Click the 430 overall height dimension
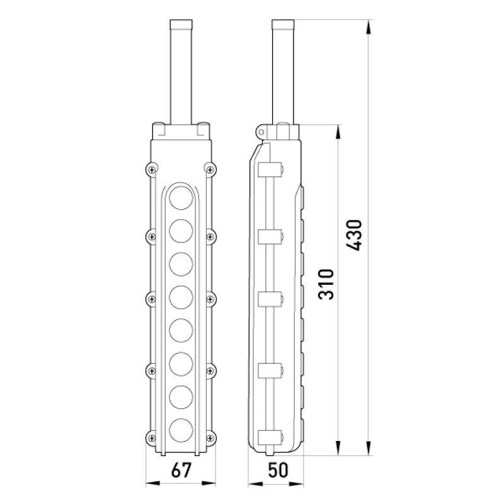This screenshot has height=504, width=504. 354,235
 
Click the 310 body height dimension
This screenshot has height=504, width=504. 326,285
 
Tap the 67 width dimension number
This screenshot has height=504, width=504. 181,470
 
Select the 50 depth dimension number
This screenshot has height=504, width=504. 278,470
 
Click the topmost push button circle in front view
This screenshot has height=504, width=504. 181,198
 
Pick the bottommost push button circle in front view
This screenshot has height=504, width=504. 181,430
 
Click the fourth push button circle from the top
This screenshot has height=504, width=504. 181,297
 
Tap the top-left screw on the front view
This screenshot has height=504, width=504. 152,169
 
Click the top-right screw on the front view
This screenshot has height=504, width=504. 210,169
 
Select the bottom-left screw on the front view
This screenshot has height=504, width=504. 151,438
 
